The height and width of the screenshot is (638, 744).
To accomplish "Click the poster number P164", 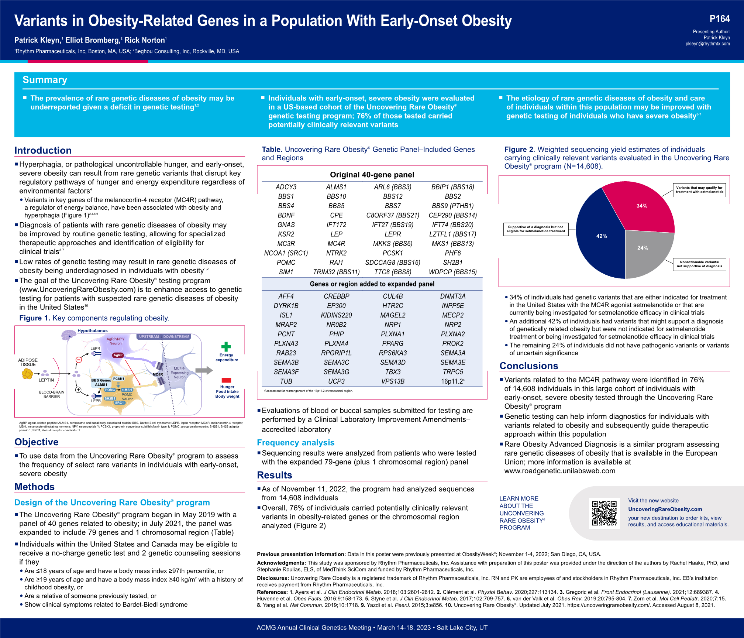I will (719, 19).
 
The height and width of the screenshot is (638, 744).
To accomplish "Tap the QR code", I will (604, 513).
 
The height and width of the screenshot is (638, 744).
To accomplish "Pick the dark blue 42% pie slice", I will (600, 236).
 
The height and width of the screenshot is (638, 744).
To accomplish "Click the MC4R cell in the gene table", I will (336, 244).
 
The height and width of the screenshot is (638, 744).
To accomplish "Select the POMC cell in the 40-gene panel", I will (286, 263).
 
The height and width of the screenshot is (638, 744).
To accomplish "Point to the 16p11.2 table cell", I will (453, 381).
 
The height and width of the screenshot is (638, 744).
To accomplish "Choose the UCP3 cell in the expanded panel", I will (336, 381).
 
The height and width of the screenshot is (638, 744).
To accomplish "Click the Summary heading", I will (45, 80).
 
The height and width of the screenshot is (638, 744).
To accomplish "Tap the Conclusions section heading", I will (528, 366).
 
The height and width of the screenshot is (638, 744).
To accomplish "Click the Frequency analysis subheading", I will (296, 443).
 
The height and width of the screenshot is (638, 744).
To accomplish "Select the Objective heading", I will (37, 442).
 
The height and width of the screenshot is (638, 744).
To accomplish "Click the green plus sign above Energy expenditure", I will (226, 346).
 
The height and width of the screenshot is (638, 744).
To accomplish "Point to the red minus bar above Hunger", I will (226, 380).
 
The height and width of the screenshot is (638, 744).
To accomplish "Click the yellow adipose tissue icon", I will (27, 374).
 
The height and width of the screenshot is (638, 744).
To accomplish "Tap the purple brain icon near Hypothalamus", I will (69, 335).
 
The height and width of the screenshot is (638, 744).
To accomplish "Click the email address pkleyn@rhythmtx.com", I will (707, 44).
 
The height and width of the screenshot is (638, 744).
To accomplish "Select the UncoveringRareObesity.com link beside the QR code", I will (665, 509).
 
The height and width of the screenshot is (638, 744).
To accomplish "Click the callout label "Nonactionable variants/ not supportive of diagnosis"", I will (699, 264).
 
